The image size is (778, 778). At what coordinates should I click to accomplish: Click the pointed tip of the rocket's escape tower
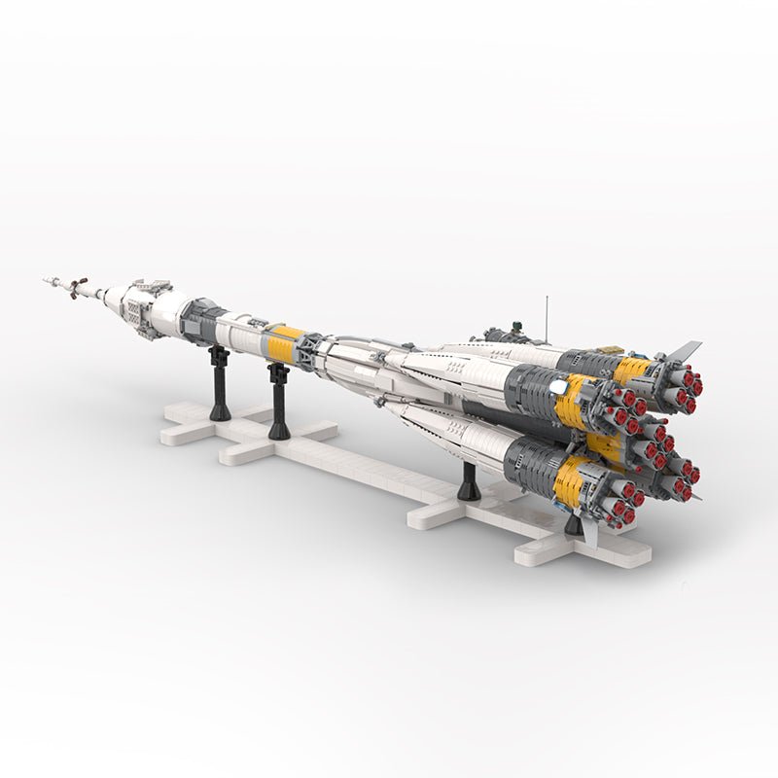[46, 280]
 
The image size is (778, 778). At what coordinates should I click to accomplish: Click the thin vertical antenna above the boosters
[546, 315]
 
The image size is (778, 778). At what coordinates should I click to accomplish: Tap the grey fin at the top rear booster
[683, 351]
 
